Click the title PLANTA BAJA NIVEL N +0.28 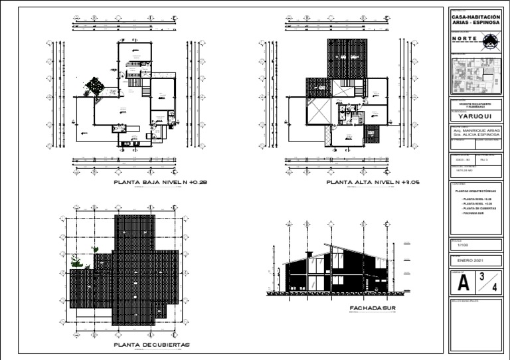161,181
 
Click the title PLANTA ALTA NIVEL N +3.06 375,181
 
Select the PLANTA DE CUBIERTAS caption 151,345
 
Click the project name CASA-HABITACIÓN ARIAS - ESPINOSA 476,20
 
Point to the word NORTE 465,39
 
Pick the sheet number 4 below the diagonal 493,288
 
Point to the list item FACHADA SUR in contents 472,214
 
